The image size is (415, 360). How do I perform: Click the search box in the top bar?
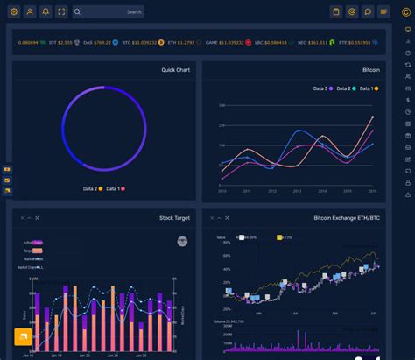click(x=109, y=11)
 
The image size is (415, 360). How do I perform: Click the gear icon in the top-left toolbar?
click(x=13, y=11)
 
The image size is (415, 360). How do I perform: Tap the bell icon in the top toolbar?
click(x=46, y=11)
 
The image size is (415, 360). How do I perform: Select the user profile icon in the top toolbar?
click(x=29, y=11)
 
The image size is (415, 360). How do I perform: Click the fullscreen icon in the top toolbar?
click(x=61, y=11)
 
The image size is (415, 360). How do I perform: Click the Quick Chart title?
click(x=175, y=69)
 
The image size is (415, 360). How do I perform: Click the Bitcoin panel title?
click(x=371, y=69)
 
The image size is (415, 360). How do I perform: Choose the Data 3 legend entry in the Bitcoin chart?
click(x=323, y=88)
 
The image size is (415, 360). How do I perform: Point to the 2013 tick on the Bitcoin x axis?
click(x=298, y=190)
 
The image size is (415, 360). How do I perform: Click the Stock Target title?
click(x=173, y=217)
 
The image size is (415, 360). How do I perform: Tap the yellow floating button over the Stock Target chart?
click(x=22, y=336)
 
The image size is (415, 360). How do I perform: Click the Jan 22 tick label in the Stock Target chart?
click(x=84, y=356)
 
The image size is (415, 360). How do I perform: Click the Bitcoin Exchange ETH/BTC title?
click(x=347, y=217)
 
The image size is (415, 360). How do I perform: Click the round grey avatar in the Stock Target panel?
click(x=182, y=240)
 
